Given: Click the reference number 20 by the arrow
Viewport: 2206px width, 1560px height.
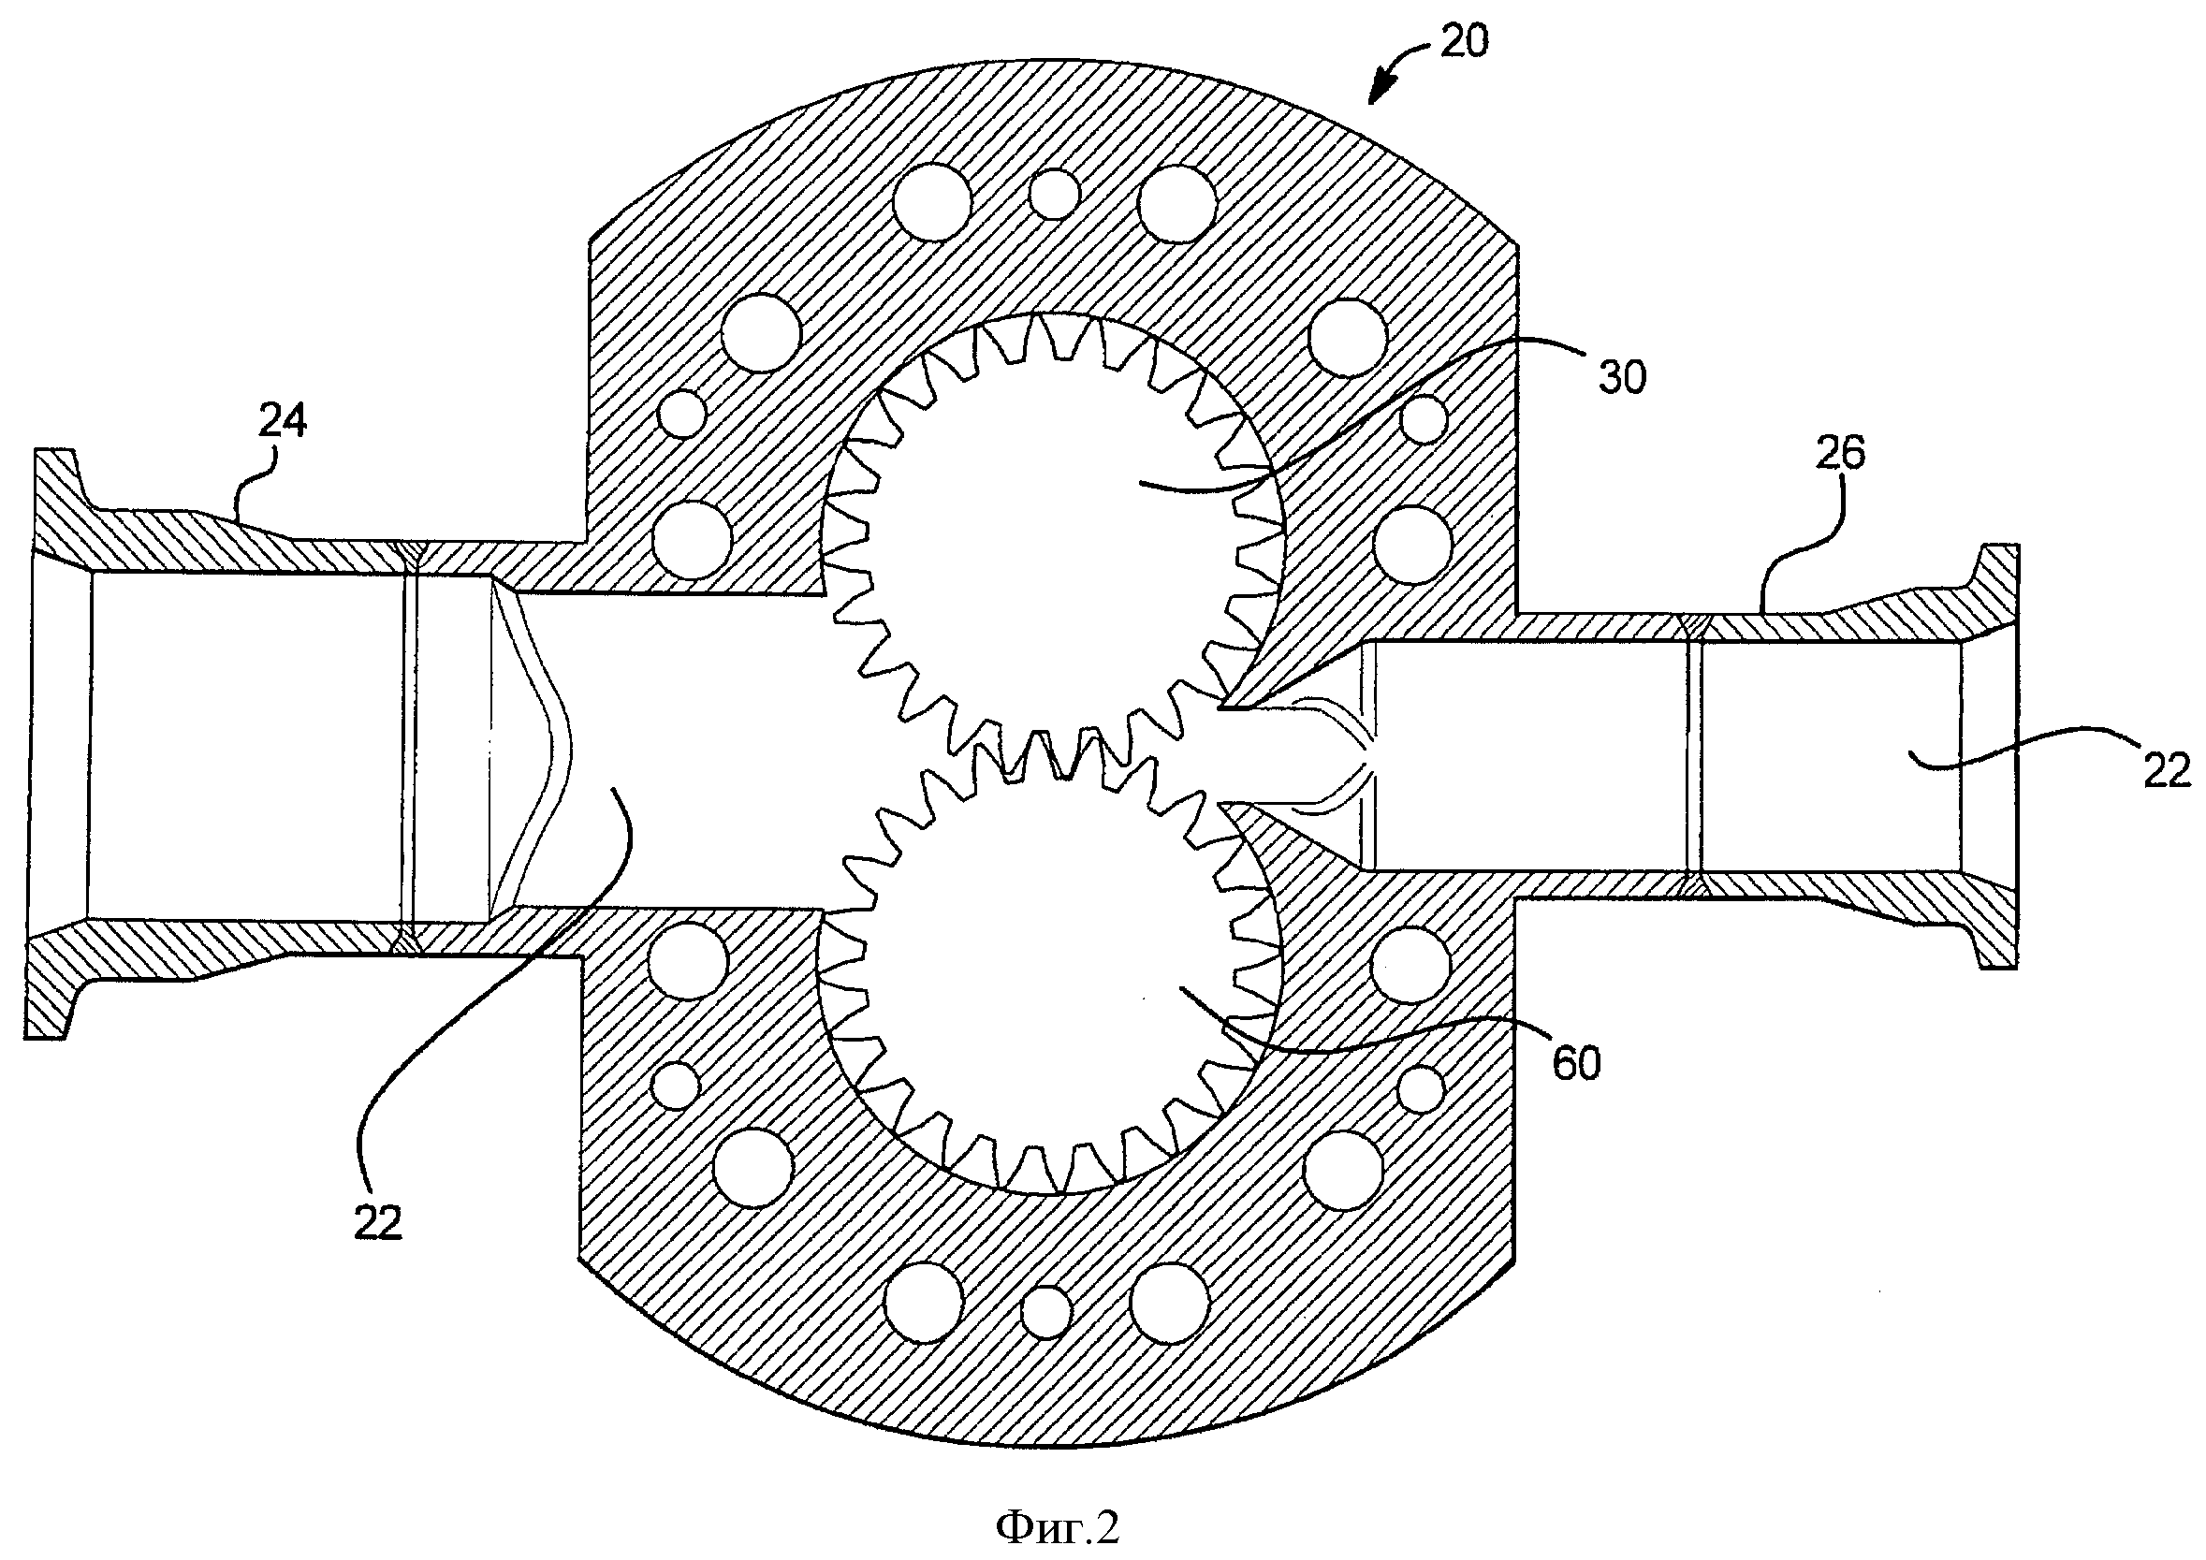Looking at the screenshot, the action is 1463,41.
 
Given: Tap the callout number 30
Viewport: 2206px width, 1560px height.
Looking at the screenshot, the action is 1623,378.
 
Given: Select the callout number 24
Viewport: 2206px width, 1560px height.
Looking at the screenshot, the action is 283,421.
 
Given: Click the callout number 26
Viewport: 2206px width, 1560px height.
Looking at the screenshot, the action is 1839,452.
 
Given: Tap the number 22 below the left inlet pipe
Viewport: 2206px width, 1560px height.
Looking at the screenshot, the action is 376,1223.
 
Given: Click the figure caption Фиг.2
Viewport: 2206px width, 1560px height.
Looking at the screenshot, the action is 1058,1526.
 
